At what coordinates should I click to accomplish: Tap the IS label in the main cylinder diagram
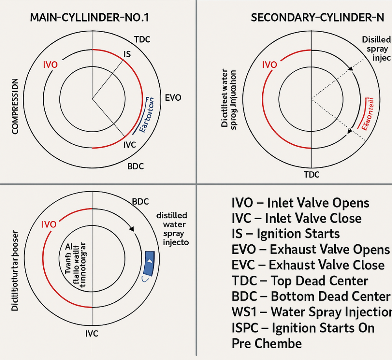coord(127,55)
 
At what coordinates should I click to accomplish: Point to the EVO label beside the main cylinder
coord(173,98)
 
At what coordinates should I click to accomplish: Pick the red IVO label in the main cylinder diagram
coord(50,65)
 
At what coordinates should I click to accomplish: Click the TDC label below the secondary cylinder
coord(312,175)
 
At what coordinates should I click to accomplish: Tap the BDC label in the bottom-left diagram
coord(140,202)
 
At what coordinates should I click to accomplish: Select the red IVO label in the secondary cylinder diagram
coord(269,65)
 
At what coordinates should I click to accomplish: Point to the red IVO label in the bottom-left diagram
coord(49,225)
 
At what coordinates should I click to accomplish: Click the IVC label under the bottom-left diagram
coord(92,334)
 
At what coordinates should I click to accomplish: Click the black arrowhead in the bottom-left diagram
coord(132,229)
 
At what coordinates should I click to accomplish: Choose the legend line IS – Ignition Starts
coord(285,234)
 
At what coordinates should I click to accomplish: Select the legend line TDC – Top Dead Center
coord(300,281)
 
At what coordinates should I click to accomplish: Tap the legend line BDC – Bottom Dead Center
coord(310,296)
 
